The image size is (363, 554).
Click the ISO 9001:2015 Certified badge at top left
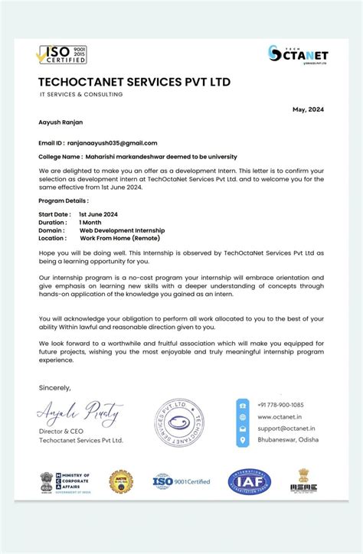pyautogui.click(x=63, y=54)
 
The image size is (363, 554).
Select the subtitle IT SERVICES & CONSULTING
pyautogui.click(x=81, y=95)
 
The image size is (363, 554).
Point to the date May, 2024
pyautogui.click(x=308, y=109)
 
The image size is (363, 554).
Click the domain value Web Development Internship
pyautogui.click(x=122, y=230)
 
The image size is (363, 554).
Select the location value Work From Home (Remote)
pyautogui.click(x=120, y=238)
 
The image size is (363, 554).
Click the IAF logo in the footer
pyautogui.click(x=250, y=481)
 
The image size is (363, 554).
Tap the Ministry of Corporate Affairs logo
pyautogui.click(x=65, y=481)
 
